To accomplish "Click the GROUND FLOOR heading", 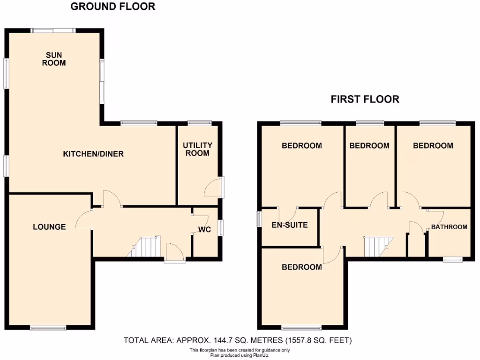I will pyautogui.click(x=112, y=7).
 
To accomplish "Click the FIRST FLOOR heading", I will pyautogui.click(x=365, y=99).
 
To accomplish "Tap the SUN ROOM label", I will pyautogui.click(x=54, y=59).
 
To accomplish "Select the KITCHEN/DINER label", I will pyautogui.click(x=93, y=154).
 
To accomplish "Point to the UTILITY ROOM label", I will pyautogui.click(x=197, y=149).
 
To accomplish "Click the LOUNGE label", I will pyautogui.click(x=49, y=227).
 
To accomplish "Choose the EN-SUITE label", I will pyautogui.click(x=290, y=225).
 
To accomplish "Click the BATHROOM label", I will pyautogui.click(x=449, y=227).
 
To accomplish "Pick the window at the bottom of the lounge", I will pyautogui.click(x=48, y=328).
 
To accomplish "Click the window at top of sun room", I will pyautogui.click(x=53, y=31).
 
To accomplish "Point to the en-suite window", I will pyautogui.click(x=259, y=219).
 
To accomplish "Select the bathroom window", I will pyautogui.click(x=453, y=259).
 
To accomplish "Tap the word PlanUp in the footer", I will pyautogui.click(x=260, y=355).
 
